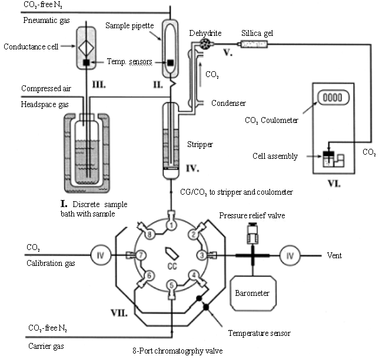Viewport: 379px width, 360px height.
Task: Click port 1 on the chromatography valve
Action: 171,225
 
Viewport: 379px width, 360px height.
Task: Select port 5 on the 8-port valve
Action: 171,285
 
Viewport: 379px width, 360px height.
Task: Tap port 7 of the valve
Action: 141,255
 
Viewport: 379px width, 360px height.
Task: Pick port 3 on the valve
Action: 202,255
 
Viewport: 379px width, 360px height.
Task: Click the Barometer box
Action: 253,293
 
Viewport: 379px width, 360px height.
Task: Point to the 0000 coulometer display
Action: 333,98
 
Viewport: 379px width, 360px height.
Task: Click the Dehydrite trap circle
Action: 205,44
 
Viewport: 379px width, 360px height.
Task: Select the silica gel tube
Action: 254,44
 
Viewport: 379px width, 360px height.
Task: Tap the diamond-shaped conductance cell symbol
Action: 86,48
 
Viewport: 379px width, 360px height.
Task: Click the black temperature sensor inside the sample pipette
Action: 171,62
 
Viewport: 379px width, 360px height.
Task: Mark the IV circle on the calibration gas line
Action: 101,255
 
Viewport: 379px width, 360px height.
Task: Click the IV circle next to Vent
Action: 290,255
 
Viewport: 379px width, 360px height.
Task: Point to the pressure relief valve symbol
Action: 252,234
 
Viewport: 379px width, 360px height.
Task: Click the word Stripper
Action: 200,145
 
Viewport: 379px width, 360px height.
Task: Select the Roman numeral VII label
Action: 119,313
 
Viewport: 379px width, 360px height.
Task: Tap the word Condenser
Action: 228,103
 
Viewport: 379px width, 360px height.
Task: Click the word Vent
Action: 334,255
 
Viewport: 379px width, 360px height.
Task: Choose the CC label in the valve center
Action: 172,266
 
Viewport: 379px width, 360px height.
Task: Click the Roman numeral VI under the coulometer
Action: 334,184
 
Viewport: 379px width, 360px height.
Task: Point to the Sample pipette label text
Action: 129,26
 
